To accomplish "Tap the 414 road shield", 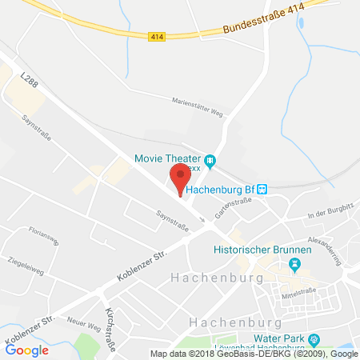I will pos(155,35).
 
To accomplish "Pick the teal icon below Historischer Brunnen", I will pos(296,263).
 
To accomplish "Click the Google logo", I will pos(27,349).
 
